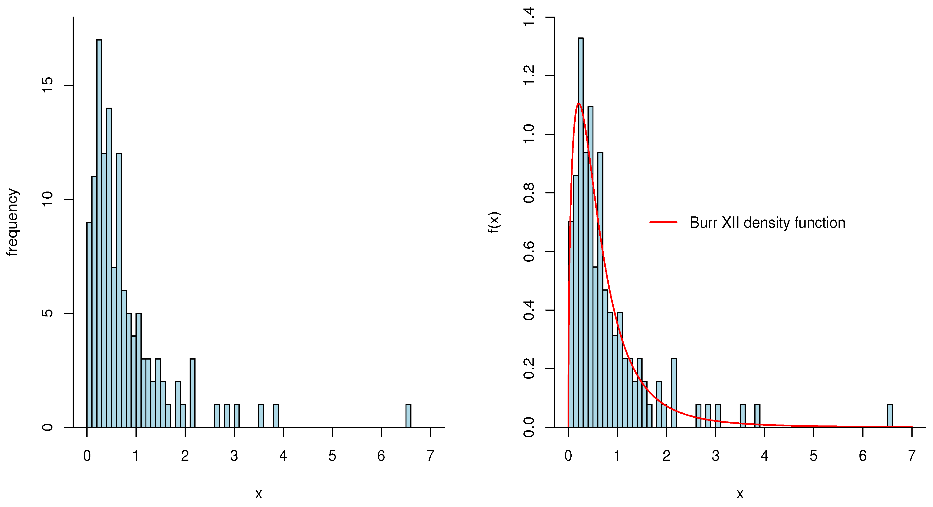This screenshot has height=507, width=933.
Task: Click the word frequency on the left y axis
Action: coord(12,222)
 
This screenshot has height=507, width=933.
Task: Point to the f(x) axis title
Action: coord(494,222)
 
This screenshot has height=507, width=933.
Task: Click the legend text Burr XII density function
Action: coord(767,223)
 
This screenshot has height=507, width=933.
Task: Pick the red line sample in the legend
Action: coord(663,222)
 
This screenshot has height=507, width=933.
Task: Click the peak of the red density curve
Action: coord(579,104)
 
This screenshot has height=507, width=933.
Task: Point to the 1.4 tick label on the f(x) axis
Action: coord(529,17)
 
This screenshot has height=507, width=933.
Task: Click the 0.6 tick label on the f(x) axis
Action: coord(529,251)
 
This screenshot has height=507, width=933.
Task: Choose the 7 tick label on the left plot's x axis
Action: coord(430,456)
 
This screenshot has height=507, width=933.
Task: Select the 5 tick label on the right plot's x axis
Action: coord(813,456)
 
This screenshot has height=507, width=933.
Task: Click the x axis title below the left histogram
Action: coord(258,494)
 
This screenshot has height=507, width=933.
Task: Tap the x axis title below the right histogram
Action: coord(740,494)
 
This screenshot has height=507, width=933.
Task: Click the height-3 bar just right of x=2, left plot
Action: coord(193,393)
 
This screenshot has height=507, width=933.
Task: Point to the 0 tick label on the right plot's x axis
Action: coord(568,456)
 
